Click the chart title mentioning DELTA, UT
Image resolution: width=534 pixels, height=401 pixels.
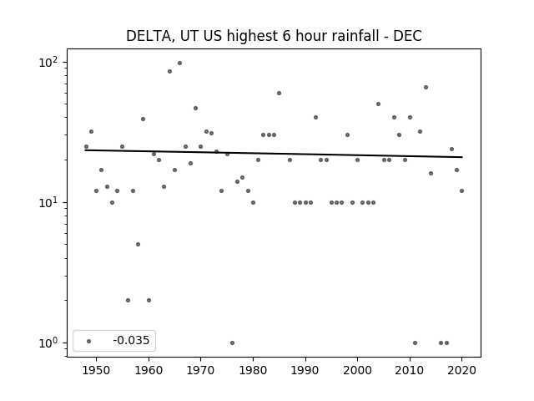(274, 36)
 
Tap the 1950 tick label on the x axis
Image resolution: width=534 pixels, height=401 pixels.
(97, 370)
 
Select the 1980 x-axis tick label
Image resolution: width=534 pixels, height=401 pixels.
(253, 370)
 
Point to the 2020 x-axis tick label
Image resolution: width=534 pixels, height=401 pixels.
(461, 370)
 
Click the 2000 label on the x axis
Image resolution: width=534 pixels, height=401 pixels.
(357, 370)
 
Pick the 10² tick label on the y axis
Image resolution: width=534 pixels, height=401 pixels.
(48, 63)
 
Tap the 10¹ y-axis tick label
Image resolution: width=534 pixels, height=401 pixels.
(48, 202)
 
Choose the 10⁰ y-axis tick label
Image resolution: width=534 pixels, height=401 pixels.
(48, 343)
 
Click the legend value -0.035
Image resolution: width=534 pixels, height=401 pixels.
(131, 340)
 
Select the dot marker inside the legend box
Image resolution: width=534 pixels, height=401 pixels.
(89, 341)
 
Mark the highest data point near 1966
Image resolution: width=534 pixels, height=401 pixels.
(180, 63)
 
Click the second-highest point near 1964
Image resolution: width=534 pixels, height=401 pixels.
(169, 71)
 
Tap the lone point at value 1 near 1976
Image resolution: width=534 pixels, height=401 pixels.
(232, 343)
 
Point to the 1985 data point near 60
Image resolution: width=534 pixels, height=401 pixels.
(279, 93)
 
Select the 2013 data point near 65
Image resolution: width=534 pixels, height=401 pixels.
(426, 87)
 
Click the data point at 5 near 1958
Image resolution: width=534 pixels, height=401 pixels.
(138, 244)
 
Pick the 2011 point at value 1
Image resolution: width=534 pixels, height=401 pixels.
(415, 343)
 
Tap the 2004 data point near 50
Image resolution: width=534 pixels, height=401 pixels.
(378, 104)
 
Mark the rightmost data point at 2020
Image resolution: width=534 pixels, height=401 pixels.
(461, 191)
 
